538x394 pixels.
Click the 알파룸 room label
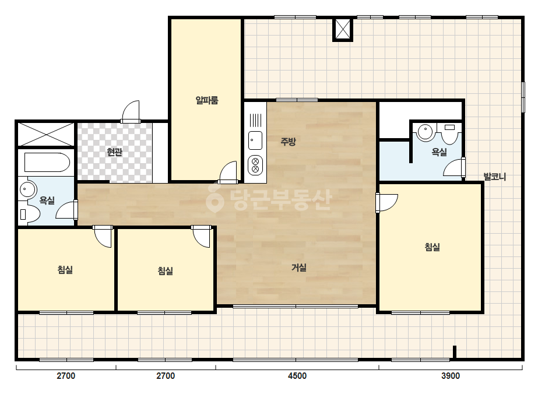207,100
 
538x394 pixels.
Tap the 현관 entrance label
115,152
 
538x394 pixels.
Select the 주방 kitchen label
288,142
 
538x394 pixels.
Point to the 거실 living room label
299,268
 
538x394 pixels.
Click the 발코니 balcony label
495,177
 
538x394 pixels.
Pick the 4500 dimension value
297,376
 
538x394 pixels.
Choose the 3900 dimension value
451,376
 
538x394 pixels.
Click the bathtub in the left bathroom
47,163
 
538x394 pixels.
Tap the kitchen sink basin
255,140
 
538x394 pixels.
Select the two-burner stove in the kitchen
255,165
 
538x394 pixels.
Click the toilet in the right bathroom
450,133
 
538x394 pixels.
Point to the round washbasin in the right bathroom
426,132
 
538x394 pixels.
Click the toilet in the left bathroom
30,214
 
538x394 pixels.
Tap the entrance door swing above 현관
131,111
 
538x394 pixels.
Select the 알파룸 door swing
228,171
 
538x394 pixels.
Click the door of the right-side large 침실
388,203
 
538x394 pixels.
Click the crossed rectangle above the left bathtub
46,135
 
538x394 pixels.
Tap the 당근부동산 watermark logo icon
215,198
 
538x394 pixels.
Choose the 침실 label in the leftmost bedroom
65,269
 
